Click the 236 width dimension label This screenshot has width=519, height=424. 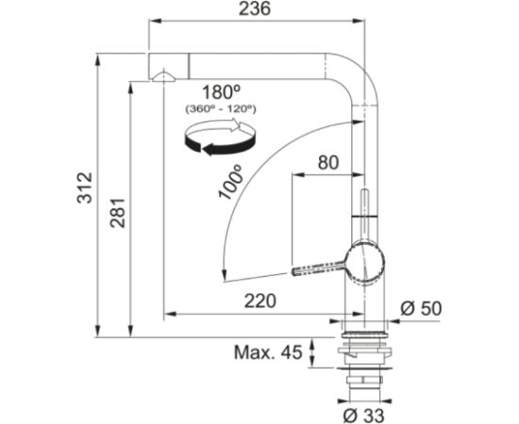pos(255,8)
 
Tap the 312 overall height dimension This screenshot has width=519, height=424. pos(84,188)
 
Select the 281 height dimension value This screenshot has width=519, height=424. pos(118,213)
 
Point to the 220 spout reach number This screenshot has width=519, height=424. pos(259,301)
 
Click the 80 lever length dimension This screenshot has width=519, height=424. pos(328,163)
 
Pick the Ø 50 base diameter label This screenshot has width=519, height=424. pos(421,309)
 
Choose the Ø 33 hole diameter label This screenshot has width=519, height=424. pos(363,416)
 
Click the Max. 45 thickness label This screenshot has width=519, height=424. pos(268,352)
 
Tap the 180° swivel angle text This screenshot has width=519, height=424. pos(221,92)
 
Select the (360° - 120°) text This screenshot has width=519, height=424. pos(221,108)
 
